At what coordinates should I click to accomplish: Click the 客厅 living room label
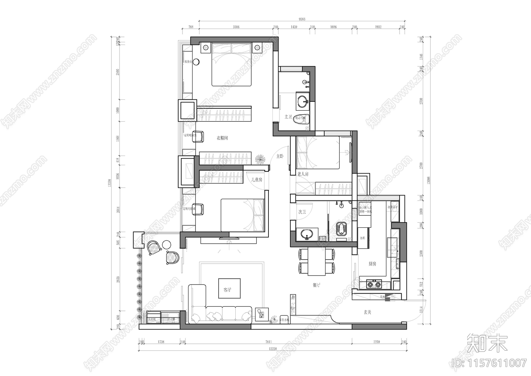pos(227,290)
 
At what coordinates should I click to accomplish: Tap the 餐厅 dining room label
pos(316,285)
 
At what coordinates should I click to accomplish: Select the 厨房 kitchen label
pos(372,264)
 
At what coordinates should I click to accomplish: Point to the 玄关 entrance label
pos(367,312)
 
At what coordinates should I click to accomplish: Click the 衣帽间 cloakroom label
pos(222,138)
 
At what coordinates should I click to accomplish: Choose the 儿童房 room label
pos(257,180)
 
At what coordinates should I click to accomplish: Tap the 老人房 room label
pos(303,174)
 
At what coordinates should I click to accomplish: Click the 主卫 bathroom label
pos(288,117)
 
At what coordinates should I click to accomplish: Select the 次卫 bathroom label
pos(302,211)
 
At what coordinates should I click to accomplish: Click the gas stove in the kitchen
pos(374,284)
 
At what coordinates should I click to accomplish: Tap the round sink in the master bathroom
pos(302,101)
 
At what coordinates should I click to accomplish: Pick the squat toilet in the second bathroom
pos(341,229)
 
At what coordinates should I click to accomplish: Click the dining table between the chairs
pos(317,262)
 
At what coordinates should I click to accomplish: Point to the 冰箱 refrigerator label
pos(362,239)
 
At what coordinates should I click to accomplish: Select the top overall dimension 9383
pos(302,19)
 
